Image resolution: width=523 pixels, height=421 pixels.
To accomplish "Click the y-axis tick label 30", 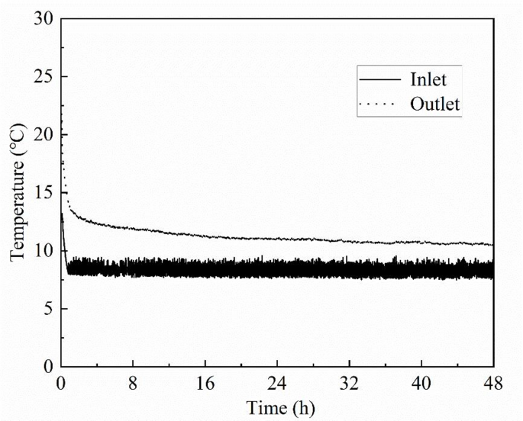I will [44, 18].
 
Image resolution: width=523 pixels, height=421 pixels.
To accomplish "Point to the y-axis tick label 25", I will [44, 76].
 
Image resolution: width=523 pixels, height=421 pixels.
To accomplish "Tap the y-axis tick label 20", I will [44, 134].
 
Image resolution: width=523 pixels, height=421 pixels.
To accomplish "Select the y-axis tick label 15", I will [44, 193].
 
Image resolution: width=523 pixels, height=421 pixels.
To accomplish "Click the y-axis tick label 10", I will [44, 251].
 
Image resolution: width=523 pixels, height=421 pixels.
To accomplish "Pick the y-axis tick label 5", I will [48, 309].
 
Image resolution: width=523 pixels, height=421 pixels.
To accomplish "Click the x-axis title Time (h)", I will [277, 407].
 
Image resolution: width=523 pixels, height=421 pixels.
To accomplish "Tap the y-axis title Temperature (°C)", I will [18, 193].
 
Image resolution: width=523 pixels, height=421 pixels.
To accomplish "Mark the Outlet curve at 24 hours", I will [277, 239].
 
